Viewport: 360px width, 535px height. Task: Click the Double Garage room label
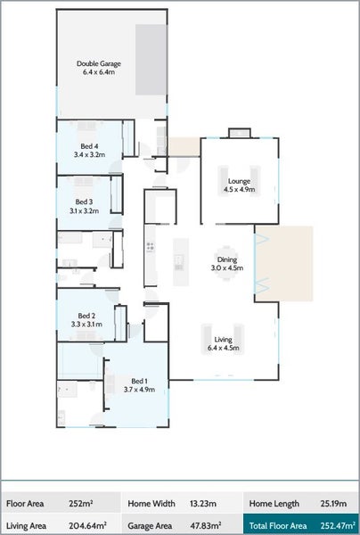pos(99,68)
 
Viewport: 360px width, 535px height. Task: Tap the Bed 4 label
pos(89,151)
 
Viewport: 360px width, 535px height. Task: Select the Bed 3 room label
pos(84,207)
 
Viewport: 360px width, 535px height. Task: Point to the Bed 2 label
pos(86,320)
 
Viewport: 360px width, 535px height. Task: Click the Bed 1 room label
pos(139,385)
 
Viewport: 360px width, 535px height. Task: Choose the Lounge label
pos(240,185)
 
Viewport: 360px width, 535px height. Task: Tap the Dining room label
pos(227,264)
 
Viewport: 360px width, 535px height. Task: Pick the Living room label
pos(224,343)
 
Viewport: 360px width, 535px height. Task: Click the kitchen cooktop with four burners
pos(150,247)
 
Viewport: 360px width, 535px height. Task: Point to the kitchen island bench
pos(181,262)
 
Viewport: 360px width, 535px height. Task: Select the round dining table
pos(225,263)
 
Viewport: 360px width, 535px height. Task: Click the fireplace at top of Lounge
pos(240,133)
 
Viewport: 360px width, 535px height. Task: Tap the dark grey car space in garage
pos(151,60)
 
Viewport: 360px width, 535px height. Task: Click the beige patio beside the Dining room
pos(284,263)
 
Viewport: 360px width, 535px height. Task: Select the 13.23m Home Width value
pos(203,503)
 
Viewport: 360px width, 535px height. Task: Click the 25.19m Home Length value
pos(333,503)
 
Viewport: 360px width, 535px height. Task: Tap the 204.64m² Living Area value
pos(86,525)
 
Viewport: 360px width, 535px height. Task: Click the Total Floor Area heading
pos(278,525)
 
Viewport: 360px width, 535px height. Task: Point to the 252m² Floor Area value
pos(81,503)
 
